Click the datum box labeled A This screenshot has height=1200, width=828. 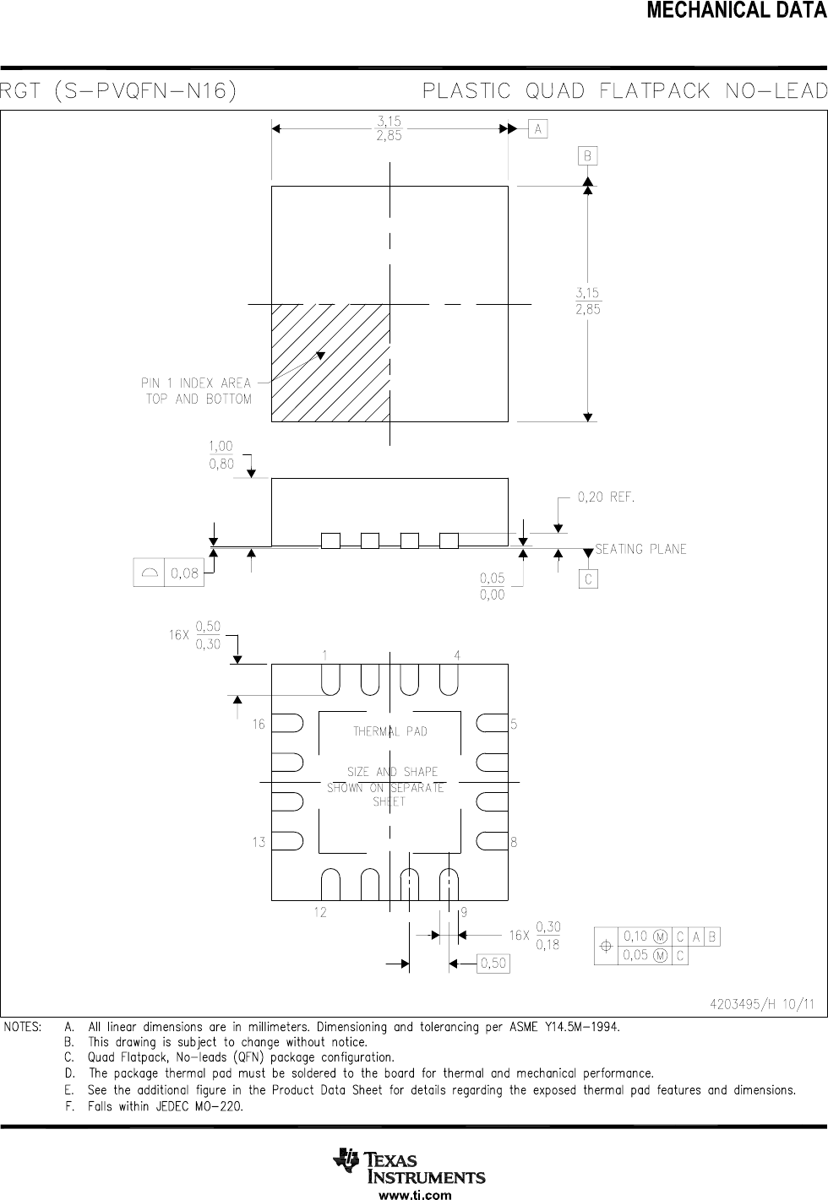pyautogui.click(x=537, y=129)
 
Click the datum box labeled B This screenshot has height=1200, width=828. pyautogui.click(x=587, y=156)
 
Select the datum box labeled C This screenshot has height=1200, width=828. pyautogui.click(x=588, y=579)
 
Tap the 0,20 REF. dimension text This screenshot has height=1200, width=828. pyautogui.click(x=606, y=497)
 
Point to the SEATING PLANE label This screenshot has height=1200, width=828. pyautogui.click(x=641, y=549)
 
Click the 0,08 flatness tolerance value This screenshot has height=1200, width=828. pyautogui.click(x=184, y=573)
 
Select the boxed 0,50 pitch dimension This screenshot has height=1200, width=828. pyautogui.click(x=493, y=964)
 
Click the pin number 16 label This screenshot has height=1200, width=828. pyautogui.click(x=259, y=725)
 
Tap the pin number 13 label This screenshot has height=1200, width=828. pyautogui.click(x=259, y=842)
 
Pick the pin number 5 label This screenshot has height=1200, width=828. pyautogui.click(x=514, y=725)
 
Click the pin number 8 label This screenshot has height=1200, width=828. pyautogui.click(x=514, y=842)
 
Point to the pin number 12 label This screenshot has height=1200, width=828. pyautogui.click(x=320, y=912)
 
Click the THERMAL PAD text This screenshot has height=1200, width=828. pyautogui.click(x=390, y=731)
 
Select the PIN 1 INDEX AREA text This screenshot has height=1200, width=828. pyautogui.click(x=196, y=383)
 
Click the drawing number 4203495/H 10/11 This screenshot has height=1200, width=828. pyautogui.click(x=761, y=1004)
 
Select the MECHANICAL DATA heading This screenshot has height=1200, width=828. pyautogui.click(x=737, y=11)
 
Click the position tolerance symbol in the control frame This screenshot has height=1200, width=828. pyautogui.click(x=606, y=946)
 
